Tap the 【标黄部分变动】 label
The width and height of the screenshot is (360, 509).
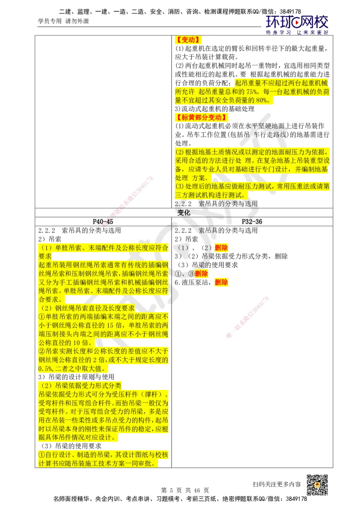pyautogui.click(x=201, y=118)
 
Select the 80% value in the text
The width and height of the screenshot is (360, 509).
pyautogui.click(x=261, y=100)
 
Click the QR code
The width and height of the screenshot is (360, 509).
pyautogui.click(x=316, y=485)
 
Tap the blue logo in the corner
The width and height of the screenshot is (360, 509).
pyautogui.click(x=297, y=24)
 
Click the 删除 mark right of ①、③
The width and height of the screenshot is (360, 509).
pyautogui.click(x=202, y=273)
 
